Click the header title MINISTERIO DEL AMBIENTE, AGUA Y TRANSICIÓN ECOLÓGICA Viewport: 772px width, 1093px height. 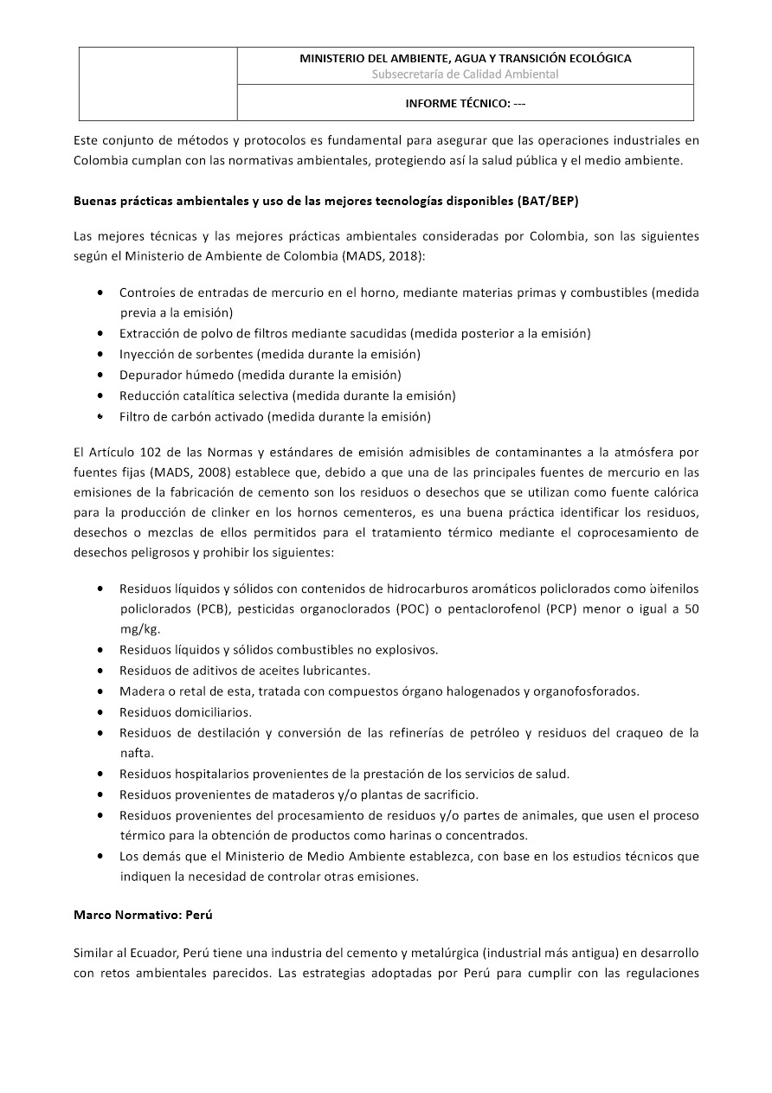tap(465, 59)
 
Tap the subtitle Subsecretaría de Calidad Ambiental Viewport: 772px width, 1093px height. tap(465, 74)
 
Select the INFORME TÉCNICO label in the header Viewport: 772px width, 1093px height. tap(465, 103)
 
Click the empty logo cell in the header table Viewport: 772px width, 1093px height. tap(158, 83)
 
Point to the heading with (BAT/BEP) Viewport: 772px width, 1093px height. tap(326, 202)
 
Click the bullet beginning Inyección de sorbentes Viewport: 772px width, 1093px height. tap(269, 354)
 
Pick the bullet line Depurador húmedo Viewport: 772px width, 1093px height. tap(260, 375)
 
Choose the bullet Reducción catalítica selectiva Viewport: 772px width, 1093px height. tap(286, 395)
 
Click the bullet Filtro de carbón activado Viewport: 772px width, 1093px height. tap(274, 416)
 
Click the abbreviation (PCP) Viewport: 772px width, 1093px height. tap(563, 608)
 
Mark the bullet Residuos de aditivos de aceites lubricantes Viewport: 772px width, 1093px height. tap(244, 671)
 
